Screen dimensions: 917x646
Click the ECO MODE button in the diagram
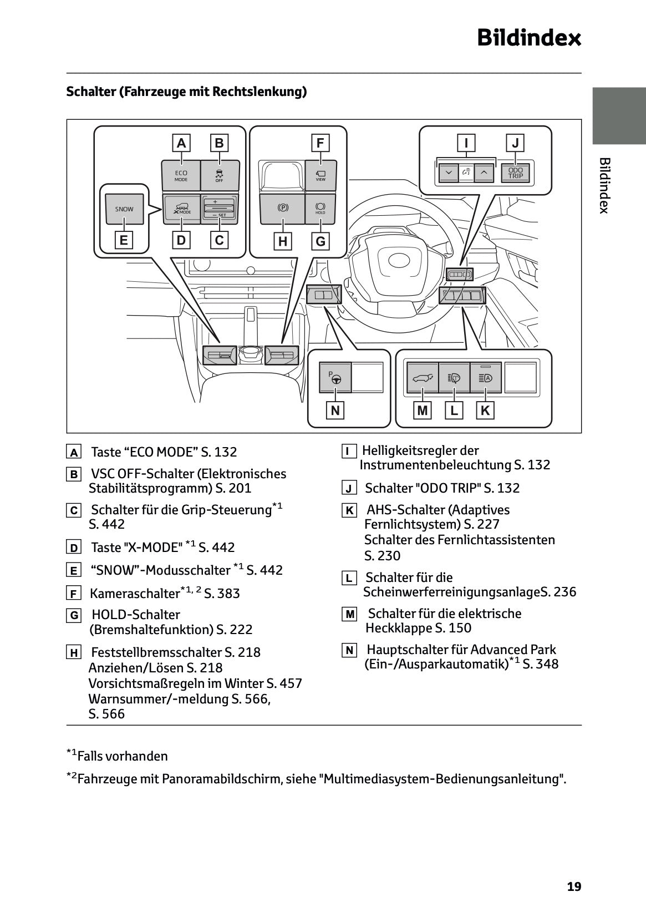click(181, 175)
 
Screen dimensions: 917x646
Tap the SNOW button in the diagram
click(124, 209)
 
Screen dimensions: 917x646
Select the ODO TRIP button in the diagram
click(515, 173)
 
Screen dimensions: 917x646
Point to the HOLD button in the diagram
click(321, 209)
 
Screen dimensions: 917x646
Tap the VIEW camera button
click(321, 175)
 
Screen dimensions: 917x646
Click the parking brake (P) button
click(283, 209)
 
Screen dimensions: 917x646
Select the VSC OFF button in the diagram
click(220, 175)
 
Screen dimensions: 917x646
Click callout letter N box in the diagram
click(335, 411)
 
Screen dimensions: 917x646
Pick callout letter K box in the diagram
click(485, 411)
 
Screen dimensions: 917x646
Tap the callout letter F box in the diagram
click(320, 143)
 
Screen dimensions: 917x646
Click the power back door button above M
click(423, 378)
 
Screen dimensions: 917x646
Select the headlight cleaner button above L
click(454, 378)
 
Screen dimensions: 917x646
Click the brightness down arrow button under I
click(448, 173)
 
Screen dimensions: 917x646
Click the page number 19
click(574, 886)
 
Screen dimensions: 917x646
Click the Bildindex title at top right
click(529, 38)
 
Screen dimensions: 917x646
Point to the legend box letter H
click(73, 653)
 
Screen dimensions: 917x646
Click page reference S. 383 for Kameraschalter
click(222, 594)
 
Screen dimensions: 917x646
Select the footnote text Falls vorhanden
click(122, 756)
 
